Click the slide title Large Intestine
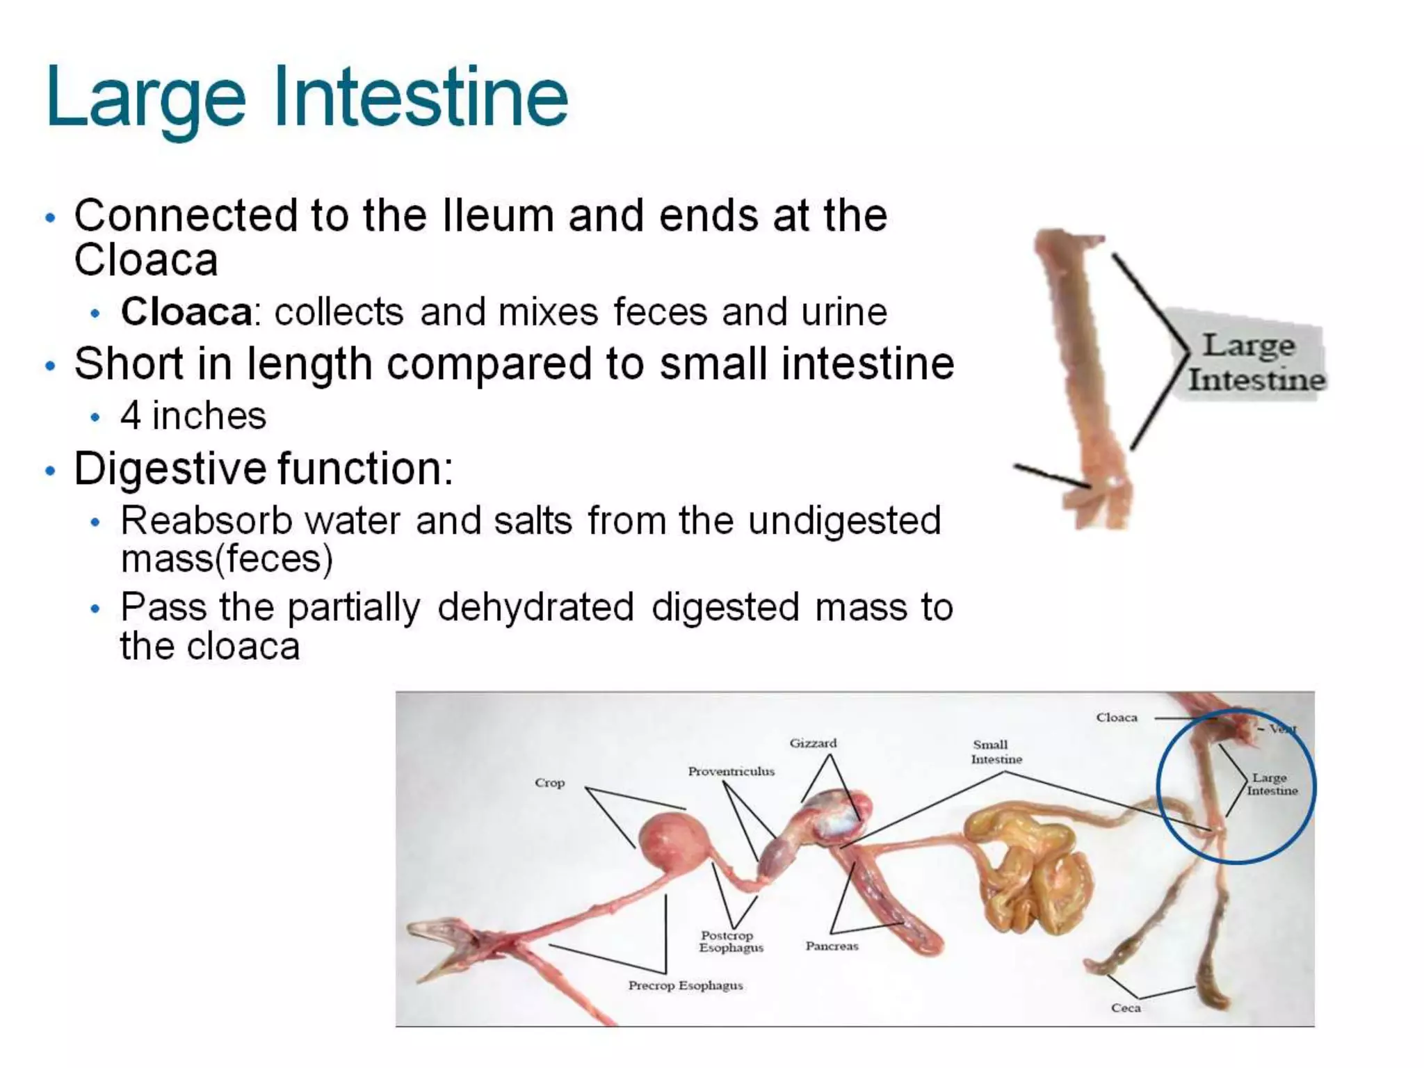tap(307, 97)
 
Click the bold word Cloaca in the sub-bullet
tap(186, 311)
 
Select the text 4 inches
tap(193, 416)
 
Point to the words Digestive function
tap(264, 468)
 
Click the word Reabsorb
tap(207, 520)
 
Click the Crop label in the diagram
tap(549, 783)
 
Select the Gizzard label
tap(813, 743)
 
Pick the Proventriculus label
tap(731, 771)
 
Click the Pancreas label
tap(832, 946)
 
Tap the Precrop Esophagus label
tap(685, 985)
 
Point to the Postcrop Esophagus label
tap(730, 941)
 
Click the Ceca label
tap(1125, 1008)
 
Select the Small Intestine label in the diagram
tap(996, 752)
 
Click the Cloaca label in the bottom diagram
tap(1117, 718)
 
